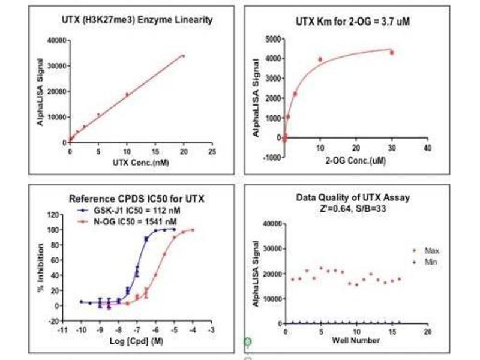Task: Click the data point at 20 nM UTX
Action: point(184,56)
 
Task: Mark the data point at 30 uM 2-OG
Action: point(392,53)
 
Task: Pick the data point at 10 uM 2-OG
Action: point(320,59)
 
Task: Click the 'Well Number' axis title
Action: point(356,340)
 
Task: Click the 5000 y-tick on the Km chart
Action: point(272,39)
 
